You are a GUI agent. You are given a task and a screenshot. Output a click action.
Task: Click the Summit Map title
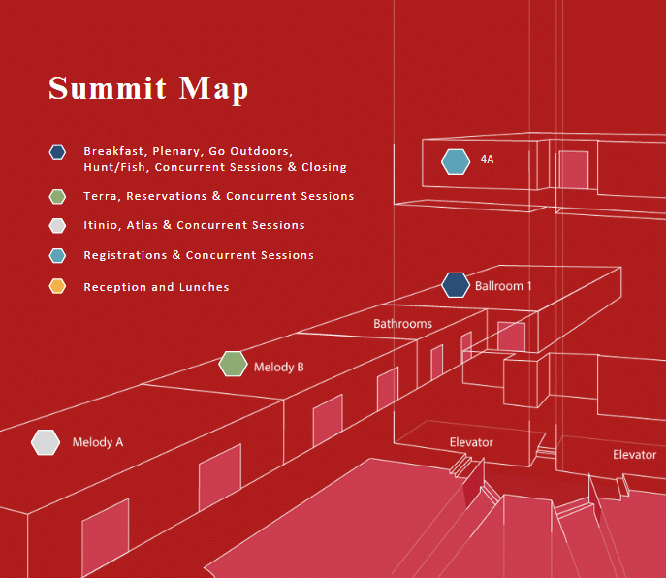(148, 89)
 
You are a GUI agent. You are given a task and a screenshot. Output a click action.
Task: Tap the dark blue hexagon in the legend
(57, 152)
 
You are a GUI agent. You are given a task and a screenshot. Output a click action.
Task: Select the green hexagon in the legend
(57, 196)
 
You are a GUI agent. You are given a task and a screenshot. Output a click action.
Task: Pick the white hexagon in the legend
(57, 226)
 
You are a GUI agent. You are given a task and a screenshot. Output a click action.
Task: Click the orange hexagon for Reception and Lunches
(57, 286)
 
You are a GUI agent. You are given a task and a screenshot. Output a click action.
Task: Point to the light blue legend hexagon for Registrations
(57, 255)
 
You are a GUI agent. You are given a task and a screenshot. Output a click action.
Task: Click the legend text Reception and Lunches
(156, 287)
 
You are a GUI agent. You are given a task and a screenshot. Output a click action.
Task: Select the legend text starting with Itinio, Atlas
(194, 225)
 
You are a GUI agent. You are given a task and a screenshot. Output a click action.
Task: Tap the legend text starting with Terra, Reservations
(219, 196)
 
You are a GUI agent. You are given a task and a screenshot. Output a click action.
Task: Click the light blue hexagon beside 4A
(456, 162)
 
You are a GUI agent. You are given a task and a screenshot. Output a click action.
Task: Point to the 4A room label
(488, 159)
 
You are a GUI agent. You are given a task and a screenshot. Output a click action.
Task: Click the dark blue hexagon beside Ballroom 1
(456, 285)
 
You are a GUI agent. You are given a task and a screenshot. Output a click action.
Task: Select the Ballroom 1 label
(503, 286)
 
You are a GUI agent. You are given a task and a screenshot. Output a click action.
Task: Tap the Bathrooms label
(402, 324)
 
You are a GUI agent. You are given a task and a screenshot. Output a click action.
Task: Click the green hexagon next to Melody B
(234, 364)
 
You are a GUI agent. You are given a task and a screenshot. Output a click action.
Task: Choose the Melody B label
(279, 368)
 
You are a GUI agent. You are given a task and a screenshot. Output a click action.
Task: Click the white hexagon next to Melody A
(46, 442)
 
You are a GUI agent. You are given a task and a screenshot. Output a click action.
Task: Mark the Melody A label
(98, 442)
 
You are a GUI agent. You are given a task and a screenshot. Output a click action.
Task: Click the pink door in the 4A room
(573, 170)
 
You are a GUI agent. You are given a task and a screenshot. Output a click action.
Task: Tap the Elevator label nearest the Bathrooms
(471, 442)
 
